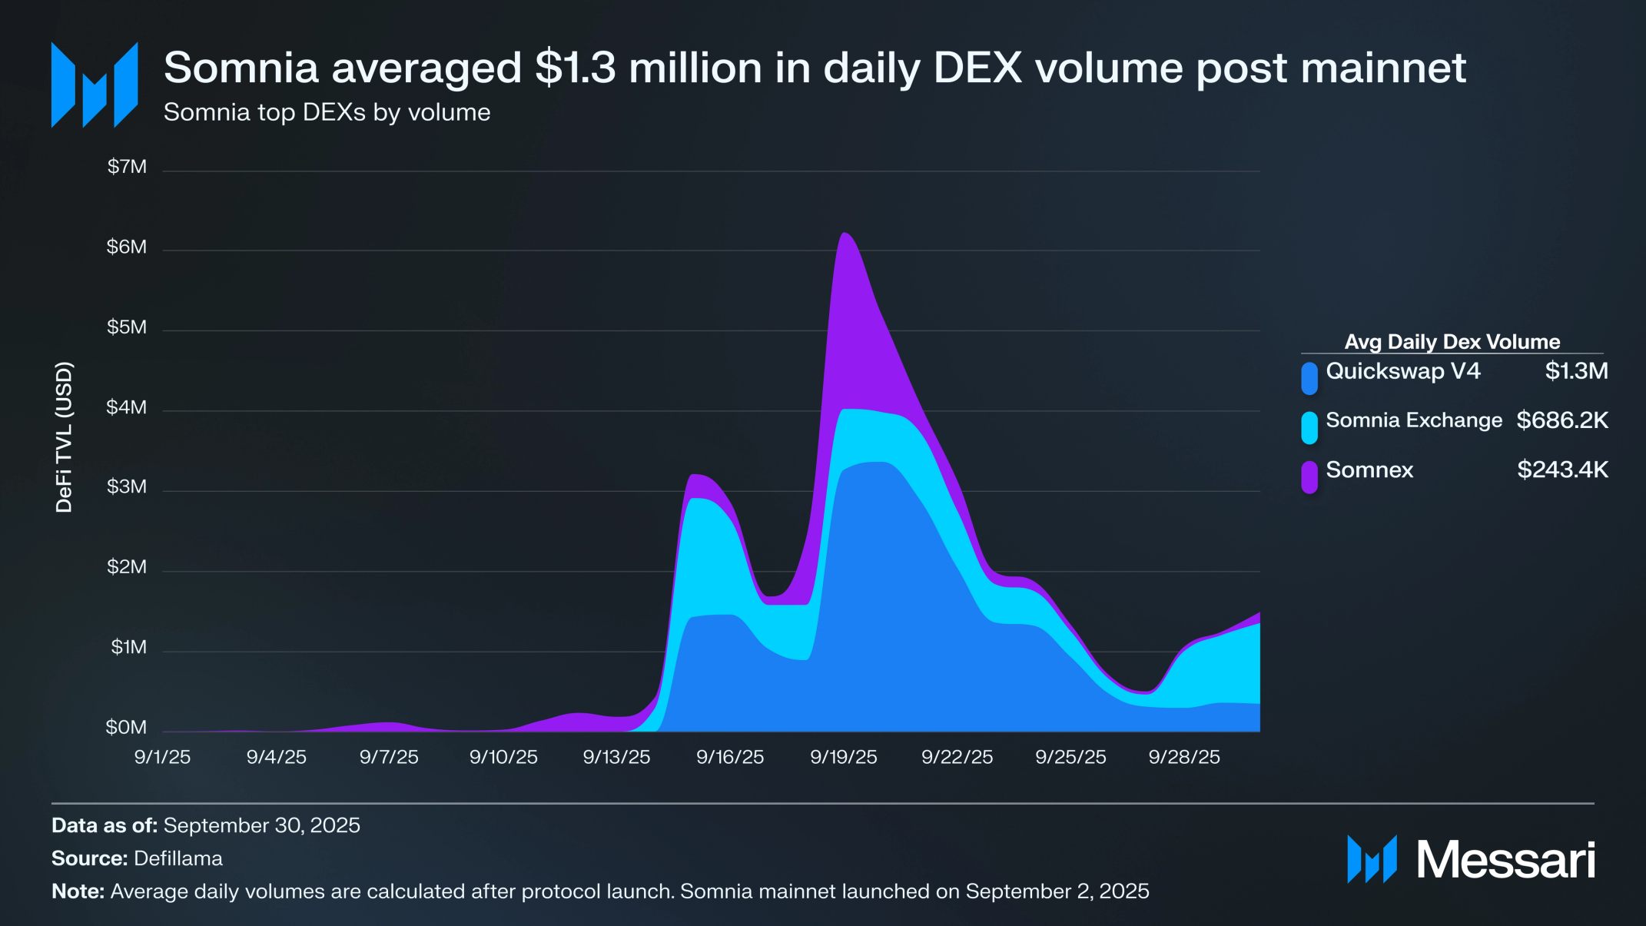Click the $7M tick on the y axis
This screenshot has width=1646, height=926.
127,167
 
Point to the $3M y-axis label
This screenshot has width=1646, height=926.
127,486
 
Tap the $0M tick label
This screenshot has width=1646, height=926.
127,727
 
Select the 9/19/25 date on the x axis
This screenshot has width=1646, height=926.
843,757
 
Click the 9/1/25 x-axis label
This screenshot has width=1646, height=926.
162,757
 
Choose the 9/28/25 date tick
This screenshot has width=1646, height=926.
1183,757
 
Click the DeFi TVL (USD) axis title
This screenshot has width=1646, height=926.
65,436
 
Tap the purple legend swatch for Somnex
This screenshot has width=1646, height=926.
1309,476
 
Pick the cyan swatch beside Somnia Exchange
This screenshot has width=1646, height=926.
1309,427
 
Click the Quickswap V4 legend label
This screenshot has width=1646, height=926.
1402,371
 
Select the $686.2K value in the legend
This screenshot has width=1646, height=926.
1561,420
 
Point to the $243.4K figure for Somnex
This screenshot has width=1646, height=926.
1561,470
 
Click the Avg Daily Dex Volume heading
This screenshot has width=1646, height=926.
1452,342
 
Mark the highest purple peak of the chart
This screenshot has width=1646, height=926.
844,234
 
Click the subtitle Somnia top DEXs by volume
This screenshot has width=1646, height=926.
327,112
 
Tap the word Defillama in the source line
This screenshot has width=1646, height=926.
178,858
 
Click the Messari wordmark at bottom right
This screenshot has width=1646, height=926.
1505,859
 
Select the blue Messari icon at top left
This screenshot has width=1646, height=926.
95,85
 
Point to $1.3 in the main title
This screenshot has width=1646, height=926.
576,68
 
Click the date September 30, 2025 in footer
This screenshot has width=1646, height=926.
261,825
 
